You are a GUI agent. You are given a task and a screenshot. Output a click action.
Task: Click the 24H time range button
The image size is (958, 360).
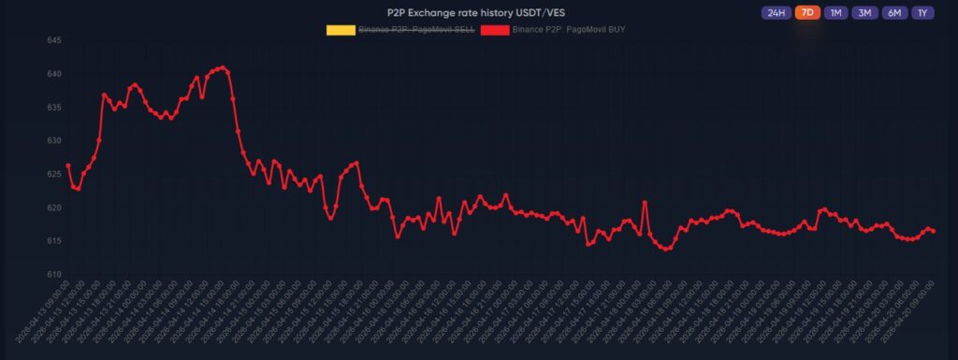776,13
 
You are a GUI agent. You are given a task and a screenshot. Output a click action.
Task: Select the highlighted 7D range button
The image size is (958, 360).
807,13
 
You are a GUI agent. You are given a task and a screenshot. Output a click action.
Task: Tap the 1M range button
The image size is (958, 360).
836,13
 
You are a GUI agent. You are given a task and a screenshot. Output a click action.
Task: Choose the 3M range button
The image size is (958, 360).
865,13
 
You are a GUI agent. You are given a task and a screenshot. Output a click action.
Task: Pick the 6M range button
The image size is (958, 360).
894,13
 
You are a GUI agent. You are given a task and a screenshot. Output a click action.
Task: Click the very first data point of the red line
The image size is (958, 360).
68,166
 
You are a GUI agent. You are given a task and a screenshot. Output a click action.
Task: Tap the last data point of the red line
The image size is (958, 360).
934,231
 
